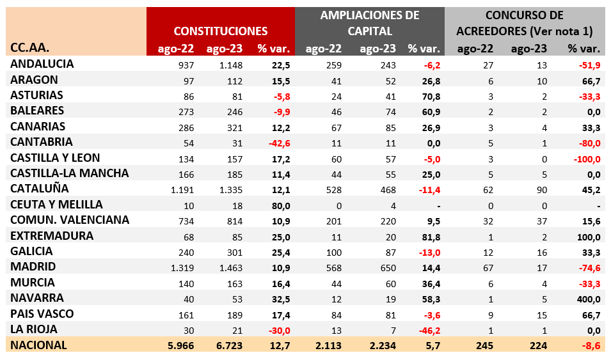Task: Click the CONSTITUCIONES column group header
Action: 221,31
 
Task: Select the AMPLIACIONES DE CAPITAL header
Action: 369,23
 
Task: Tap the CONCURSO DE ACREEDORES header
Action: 524,23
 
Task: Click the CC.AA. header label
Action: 29,48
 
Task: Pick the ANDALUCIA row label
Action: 42,64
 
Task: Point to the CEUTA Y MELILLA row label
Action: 56,205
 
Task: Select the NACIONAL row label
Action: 38,345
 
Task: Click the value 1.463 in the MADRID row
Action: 231,268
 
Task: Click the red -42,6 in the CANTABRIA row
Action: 280,143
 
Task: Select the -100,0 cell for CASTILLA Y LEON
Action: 587,159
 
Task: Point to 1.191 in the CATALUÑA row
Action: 182,190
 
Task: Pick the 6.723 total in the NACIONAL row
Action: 229,345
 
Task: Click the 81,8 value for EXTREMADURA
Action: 431,237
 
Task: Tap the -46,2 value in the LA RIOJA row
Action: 429,331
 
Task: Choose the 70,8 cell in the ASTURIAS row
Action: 431,97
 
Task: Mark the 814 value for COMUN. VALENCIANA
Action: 235,221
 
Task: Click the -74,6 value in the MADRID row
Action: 590,268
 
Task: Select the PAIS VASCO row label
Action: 42,314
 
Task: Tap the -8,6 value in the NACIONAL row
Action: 591,345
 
